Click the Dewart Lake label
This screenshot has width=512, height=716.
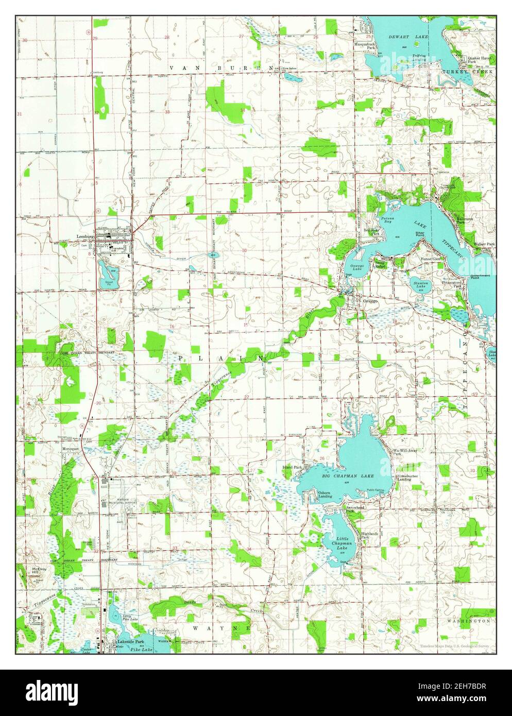405,37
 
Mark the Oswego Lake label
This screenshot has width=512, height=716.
357,268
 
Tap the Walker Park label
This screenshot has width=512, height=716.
484,244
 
